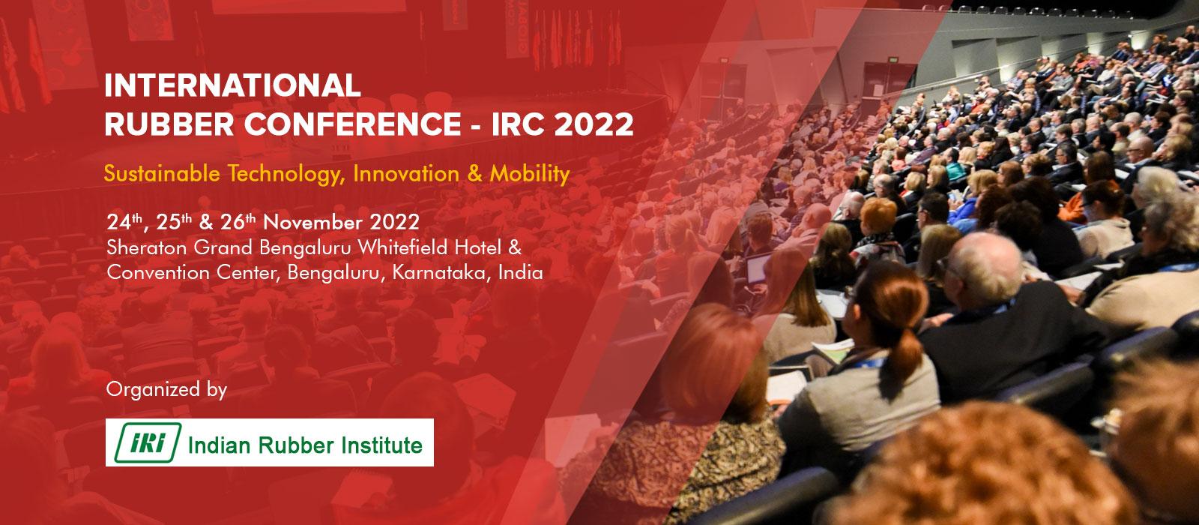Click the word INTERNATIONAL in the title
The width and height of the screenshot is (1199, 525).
[233, 85]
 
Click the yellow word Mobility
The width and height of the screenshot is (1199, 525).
[529, 175]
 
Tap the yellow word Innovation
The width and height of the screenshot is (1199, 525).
[406, 173]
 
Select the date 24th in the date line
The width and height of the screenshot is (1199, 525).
[124, 222]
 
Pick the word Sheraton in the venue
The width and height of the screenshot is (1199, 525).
[147, 247]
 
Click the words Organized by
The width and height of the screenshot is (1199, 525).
[166, 390]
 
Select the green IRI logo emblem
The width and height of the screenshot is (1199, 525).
[148, 442]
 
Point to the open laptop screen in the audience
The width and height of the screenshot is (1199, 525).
[758, 268]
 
